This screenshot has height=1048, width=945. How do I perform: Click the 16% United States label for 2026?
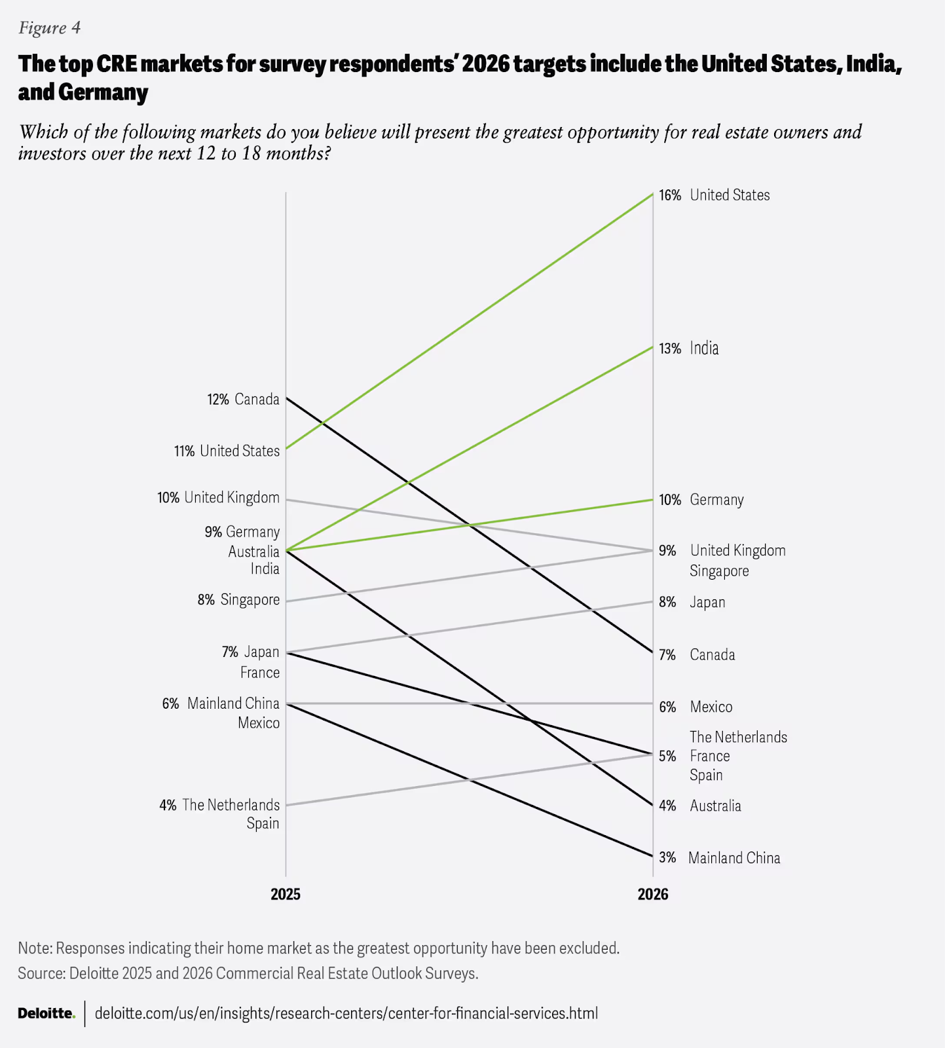click(x=714, y=195)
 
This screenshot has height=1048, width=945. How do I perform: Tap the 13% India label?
click(x=689, y=348)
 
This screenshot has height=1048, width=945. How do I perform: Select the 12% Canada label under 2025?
click(x=243, y=400)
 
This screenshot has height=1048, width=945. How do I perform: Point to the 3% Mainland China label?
click(x=720, y=858)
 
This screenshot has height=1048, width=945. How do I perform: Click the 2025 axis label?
click(x=286, y=895)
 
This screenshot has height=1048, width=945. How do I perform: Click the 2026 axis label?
click(x=653, y=895)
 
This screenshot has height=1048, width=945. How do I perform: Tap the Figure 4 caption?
click(x=50, y=28)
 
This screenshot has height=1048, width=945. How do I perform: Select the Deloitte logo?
click(x=46, y=1013)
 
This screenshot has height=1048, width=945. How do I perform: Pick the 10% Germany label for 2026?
click(x=701, y=500)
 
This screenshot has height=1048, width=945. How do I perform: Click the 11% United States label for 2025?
click(x=227, y=451)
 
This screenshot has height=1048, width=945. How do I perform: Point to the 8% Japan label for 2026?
click(x=692, y=603)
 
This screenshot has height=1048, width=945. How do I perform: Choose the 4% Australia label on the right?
click(x=700, y=806)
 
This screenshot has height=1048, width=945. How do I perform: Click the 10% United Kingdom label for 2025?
click(x=218, y=498)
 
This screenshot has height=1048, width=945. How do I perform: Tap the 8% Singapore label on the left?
click(x=238, y=600)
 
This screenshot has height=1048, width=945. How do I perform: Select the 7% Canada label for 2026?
click(x=697, y=655)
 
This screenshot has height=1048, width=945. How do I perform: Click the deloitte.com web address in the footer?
click(x=346, y=1013)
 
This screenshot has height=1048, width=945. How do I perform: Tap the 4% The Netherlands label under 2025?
click(x=219, y=805)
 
